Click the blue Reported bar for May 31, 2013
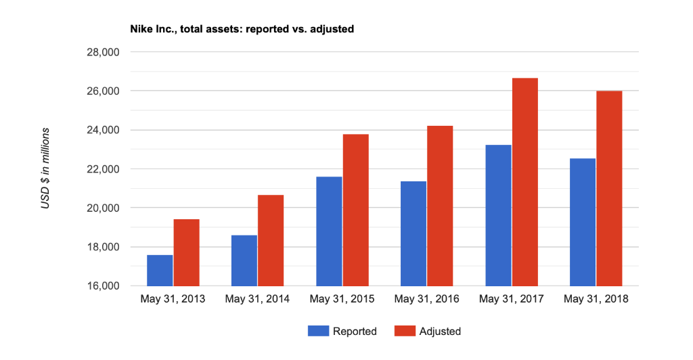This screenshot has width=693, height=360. pyautogui.click(x=160, y=270)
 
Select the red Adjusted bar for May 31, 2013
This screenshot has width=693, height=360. pyautogui.click(x=186, y=252)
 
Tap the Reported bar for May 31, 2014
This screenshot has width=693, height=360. pyautogui.click(x=244, y=261)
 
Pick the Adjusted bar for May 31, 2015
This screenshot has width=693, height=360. pyautogui.click(x=355, y=210)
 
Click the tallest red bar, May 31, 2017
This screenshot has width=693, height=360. pyautogui.click(x=524, y=182)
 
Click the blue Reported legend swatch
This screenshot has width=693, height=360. pyautogui.click(x=317, y=331)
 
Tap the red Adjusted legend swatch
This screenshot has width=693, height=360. pyautogui.click(x=404, y=331)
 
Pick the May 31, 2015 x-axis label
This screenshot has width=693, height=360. pyautogui.click(x=342, y=299)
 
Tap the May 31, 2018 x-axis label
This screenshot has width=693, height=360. pyautogui.click(x=596, y=299)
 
